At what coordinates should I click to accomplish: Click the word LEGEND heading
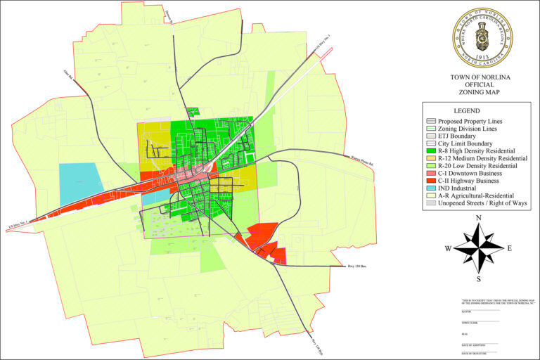[x=466, y=111]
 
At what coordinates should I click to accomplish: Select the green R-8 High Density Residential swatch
[x=430, y=151]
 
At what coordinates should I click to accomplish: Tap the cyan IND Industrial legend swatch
[x=430, y=188]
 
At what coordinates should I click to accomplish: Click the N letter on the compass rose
[x=479, y=219]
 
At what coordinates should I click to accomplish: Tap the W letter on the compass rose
[x=447, y=248]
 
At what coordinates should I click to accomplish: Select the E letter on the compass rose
[x=509, y=248]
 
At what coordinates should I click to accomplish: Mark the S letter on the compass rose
[x=479, y=279]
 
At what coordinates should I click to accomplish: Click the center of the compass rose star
[x=479, y=248]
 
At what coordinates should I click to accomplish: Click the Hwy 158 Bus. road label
[x=357, y=267]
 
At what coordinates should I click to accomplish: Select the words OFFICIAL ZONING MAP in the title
[x=482, y=88]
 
